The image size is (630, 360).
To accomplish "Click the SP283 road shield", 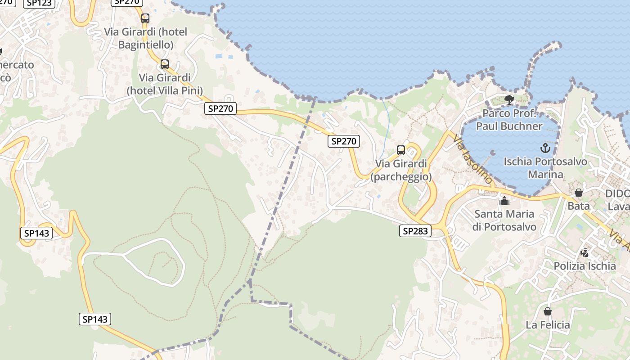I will [415, 231].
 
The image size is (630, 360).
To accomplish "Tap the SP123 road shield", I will [40, 3].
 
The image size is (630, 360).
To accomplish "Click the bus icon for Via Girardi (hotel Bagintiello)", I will [145, 18].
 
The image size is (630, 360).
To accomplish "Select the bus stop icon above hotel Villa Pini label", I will [165, 64].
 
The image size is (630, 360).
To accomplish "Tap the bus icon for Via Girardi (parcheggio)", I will [400, 150].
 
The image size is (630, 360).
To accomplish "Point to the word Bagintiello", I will [146, 45].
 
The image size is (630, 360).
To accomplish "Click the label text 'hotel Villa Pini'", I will [165, 90].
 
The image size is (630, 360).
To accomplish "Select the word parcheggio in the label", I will [401, 176].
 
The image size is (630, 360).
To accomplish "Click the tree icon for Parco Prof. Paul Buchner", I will [509, 100].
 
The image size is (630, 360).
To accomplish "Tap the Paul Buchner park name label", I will [509, 120].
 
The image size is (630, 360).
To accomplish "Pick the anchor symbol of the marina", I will [545, 148].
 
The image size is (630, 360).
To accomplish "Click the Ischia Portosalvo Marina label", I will [545, 167].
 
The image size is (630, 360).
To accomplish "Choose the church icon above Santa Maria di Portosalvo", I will [504, 200].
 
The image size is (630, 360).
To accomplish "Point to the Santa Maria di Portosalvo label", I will [504, 220].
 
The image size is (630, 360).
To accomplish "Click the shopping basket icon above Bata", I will [579, 193].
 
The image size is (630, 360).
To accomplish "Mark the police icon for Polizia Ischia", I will [585, 252].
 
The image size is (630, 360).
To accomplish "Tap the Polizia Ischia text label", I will [585, 266].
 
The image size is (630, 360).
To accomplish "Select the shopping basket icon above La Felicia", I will [548, 311].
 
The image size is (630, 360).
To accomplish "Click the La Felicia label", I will [548, 325].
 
